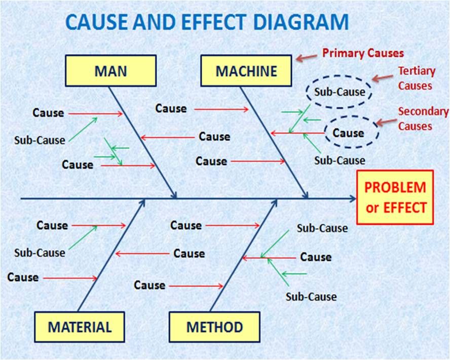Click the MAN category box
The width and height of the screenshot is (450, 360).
click(x=111, y=71)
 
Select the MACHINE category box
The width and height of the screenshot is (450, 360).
click(x=246, y=71)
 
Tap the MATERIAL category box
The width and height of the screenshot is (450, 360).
click(x=80, y=327)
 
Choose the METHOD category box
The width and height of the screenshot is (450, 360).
click(x=215, y=327)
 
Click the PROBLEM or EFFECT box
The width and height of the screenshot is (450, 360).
click(x=395, y=197)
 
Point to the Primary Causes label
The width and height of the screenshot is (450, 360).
click(x=363, y=53)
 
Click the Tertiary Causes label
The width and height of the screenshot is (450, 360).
click(x=416, y=78)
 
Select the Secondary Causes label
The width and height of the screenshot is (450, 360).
click(x=423, y=119)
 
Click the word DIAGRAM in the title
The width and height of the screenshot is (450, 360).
click(x=302, y=22)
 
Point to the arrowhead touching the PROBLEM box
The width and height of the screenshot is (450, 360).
click(x=353, y=198)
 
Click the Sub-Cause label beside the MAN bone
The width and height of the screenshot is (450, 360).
click(x=40, y=140)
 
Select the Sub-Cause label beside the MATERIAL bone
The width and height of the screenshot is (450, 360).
click(x=40, y=253)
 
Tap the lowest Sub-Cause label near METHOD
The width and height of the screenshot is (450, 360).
click(x=311, y=297)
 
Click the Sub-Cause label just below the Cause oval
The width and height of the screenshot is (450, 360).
click(x=340, y=161)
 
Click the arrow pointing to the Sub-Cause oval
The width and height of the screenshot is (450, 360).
click(x=383, y=78)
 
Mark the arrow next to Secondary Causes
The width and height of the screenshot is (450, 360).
click(x=387, y=122)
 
